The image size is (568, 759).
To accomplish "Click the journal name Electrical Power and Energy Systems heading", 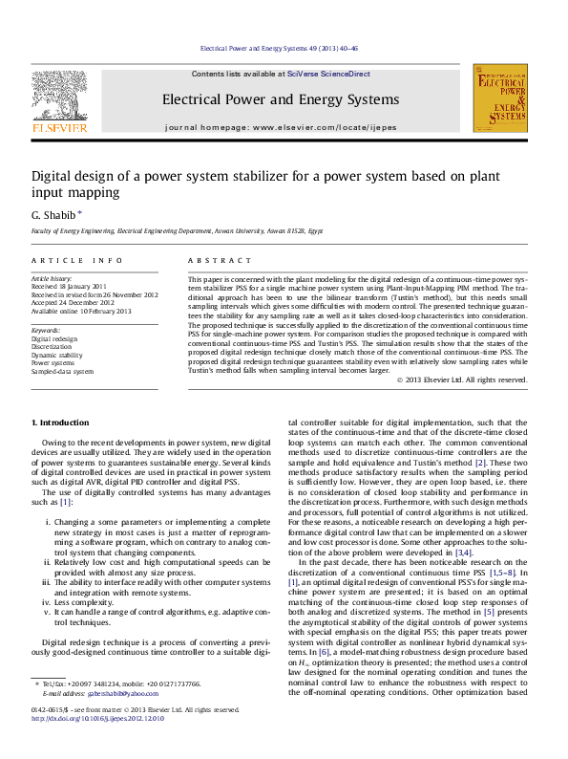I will [280, 99].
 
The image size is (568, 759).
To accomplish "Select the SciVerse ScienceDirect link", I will [336, 74].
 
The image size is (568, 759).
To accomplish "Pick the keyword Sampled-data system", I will [63, 371].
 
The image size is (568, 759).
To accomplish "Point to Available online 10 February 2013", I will [81, 311].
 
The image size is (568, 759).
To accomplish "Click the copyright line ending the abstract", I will [473, 406].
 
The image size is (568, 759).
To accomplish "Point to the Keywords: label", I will [47, 330].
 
